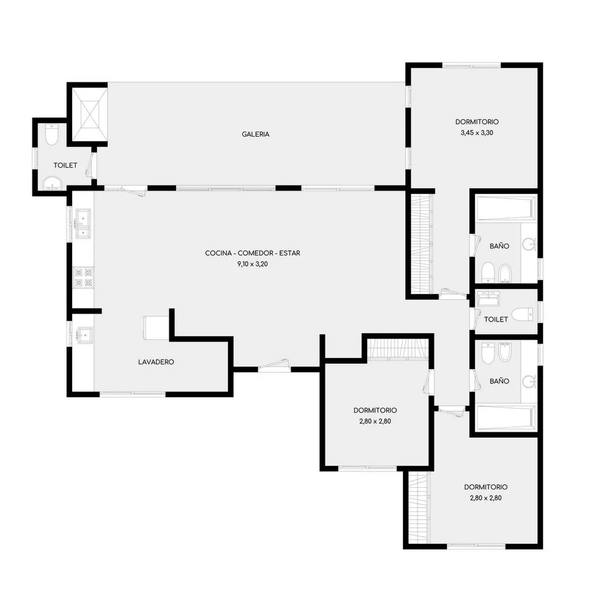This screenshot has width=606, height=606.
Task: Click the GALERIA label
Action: click(256, 134)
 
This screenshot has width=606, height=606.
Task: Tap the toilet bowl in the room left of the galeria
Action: click(51, 135)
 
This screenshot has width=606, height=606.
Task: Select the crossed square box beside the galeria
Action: click(89, 115)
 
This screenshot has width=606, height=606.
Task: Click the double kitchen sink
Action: click(82, 224)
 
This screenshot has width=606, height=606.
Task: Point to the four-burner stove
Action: click(83, 277)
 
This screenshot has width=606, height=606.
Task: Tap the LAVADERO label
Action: click(156, 362)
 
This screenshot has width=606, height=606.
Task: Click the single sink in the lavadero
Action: click(84, 335)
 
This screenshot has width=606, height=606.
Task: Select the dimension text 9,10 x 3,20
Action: click(252, 264)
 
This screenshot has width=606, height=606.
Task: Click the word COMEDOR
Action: click(256, 253)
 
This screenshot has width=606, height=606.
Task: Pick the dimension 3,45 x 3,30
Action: click(477, 133)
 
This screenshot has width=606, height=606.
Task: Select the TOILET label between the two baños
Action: click(496, 320)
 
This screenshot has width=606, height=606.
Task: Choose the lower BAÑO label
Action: click(499, 381)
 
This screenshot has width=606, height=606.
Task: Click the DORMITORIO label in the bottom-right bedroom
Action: click(486, 487)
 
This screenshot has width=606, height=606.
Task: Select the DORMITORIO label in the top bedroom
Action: click(477, 122)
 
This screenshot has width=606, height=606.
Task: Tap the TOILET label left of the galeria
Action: click(66, 166)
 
